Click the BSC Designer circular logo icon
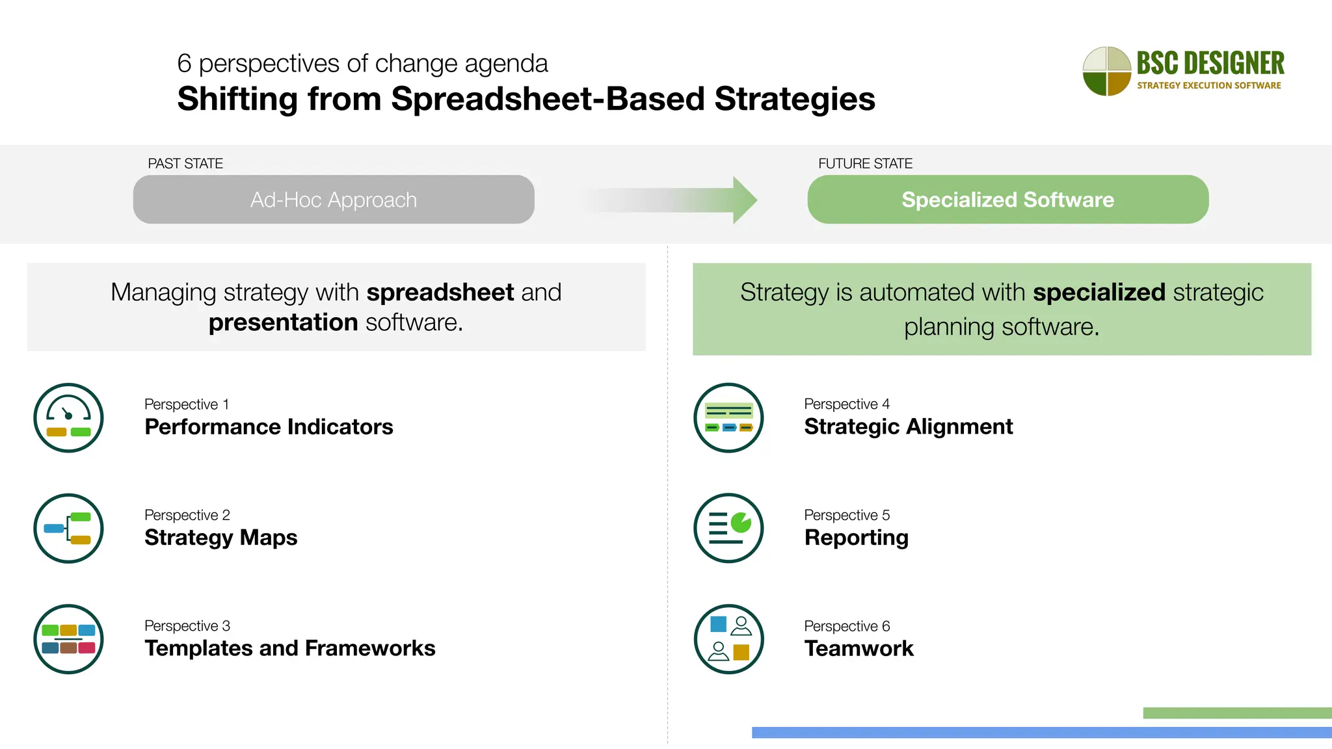click(1106, 71)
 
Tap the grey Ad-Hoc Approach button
click(334, 200)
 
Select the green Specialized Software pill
click(1007, 200)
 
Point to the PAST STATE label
click(185, 164)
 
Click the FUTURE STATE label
click(865, 164)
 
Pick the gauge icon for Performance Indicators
click(68, 417)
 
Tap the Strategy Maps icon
click(68, 528)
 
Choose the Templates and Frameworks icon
click(68, 638)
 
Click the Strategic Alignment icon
click(728, 417)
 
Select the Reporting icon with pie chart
click(728, 528)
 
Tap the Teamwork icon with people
click(728, 638)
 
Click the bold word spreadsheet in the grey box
click(440, 293)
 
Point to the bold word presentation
click(283, 322)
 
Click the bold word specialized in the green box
click(1099, 293)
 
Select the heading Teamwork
click(859, 648)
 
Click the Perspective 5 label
click(847, 515)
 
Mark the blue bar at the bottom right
click(1041, 732)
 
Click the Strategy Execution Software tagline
click(1208, 85)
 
